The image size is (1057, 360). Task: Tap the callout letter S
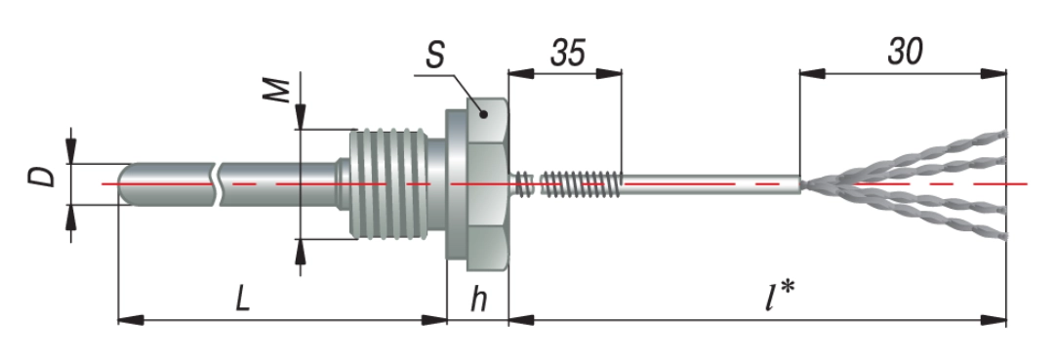pyautogui.click(x=434, y=56)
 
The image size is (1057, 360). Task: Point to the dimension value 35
pyautogui.click(x=568, y=53)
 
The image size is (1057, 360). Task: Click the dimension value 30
pyautogui.click(x=905, y=52)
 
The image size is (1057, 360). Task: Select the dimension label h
pyautogui.click(x=478, y=300)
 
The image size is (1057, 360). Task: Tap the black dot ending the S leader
pyautogui.click(x=483, y=114)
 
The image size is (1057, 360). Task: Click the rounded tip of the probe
pyautogui.click(x=123, y=183)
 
